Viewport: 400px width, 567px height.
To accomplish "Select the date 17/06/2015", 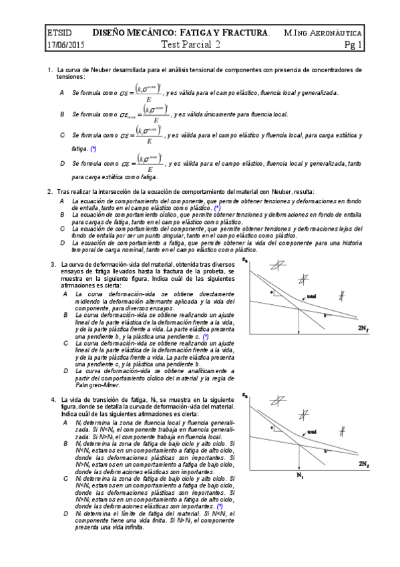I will click(65, 45).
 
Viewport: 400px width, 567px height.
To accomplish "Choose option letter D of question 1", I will click(61, 163).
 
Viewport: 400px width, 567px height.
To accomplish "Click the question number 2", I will click(49, 192).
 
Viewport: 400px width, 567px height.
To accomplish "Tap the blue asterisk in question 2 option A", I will click(218, 209).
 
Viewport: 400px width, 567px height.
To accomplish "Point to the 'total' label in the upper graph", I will click(311, 297).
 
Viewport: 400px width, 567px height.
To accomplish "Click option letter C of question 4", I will click(65, 479).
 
